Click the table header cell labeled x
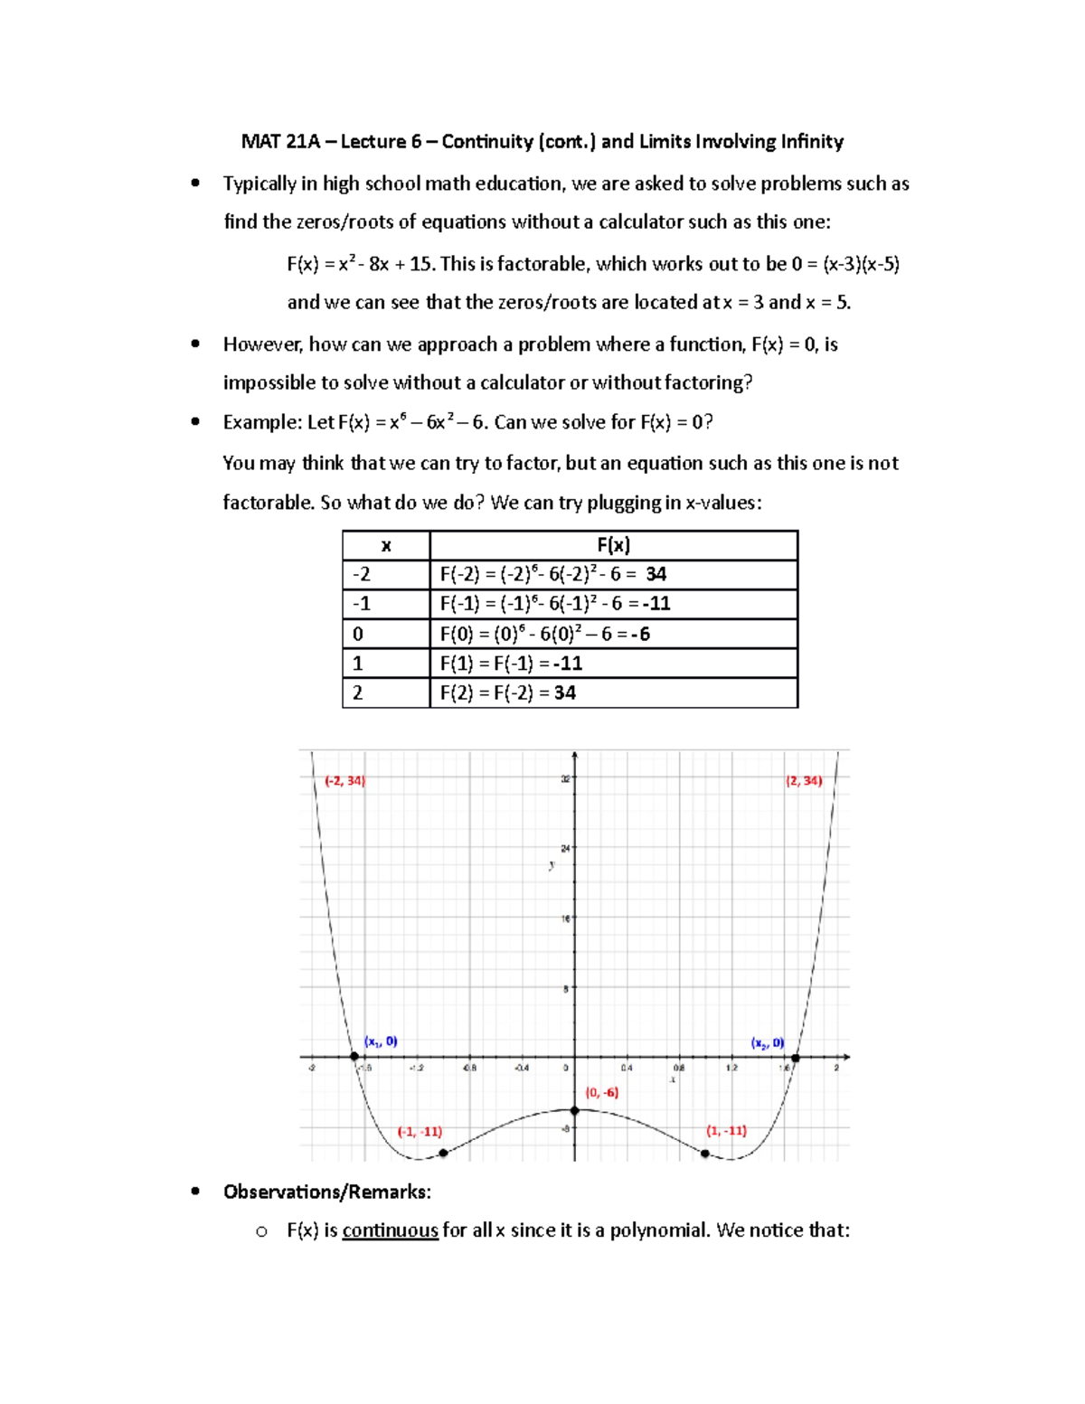(x=386, y=545)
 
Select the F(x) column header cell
(x=613, y=545)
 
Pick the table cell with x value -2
(x=386, y=574)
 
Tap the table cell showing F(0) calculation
(x=613, y=634)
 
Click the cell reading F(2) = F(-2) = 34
(x=613, y=693)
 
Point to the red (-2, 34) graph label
(x=344, y=781)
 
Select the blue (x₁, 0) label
(x=381, y=1041)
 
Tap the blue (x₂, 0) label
(x=767, y=1043)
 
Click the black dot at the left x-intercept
(x=354, y=1057)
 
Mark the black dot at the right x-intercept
(x=796, y=1057)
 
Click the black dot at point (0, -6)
(x=574, y=1110)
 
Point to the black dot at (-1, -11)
(x=443, y=1154)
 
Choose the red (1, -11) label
(x=726, y=1131)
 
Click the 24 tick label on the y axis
(x=565, y=848)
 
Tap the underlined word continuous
(x=390, y=1230)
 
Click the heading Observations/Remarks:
(x=327, y=1192)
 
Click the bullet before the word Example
(x=195, y=422)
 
